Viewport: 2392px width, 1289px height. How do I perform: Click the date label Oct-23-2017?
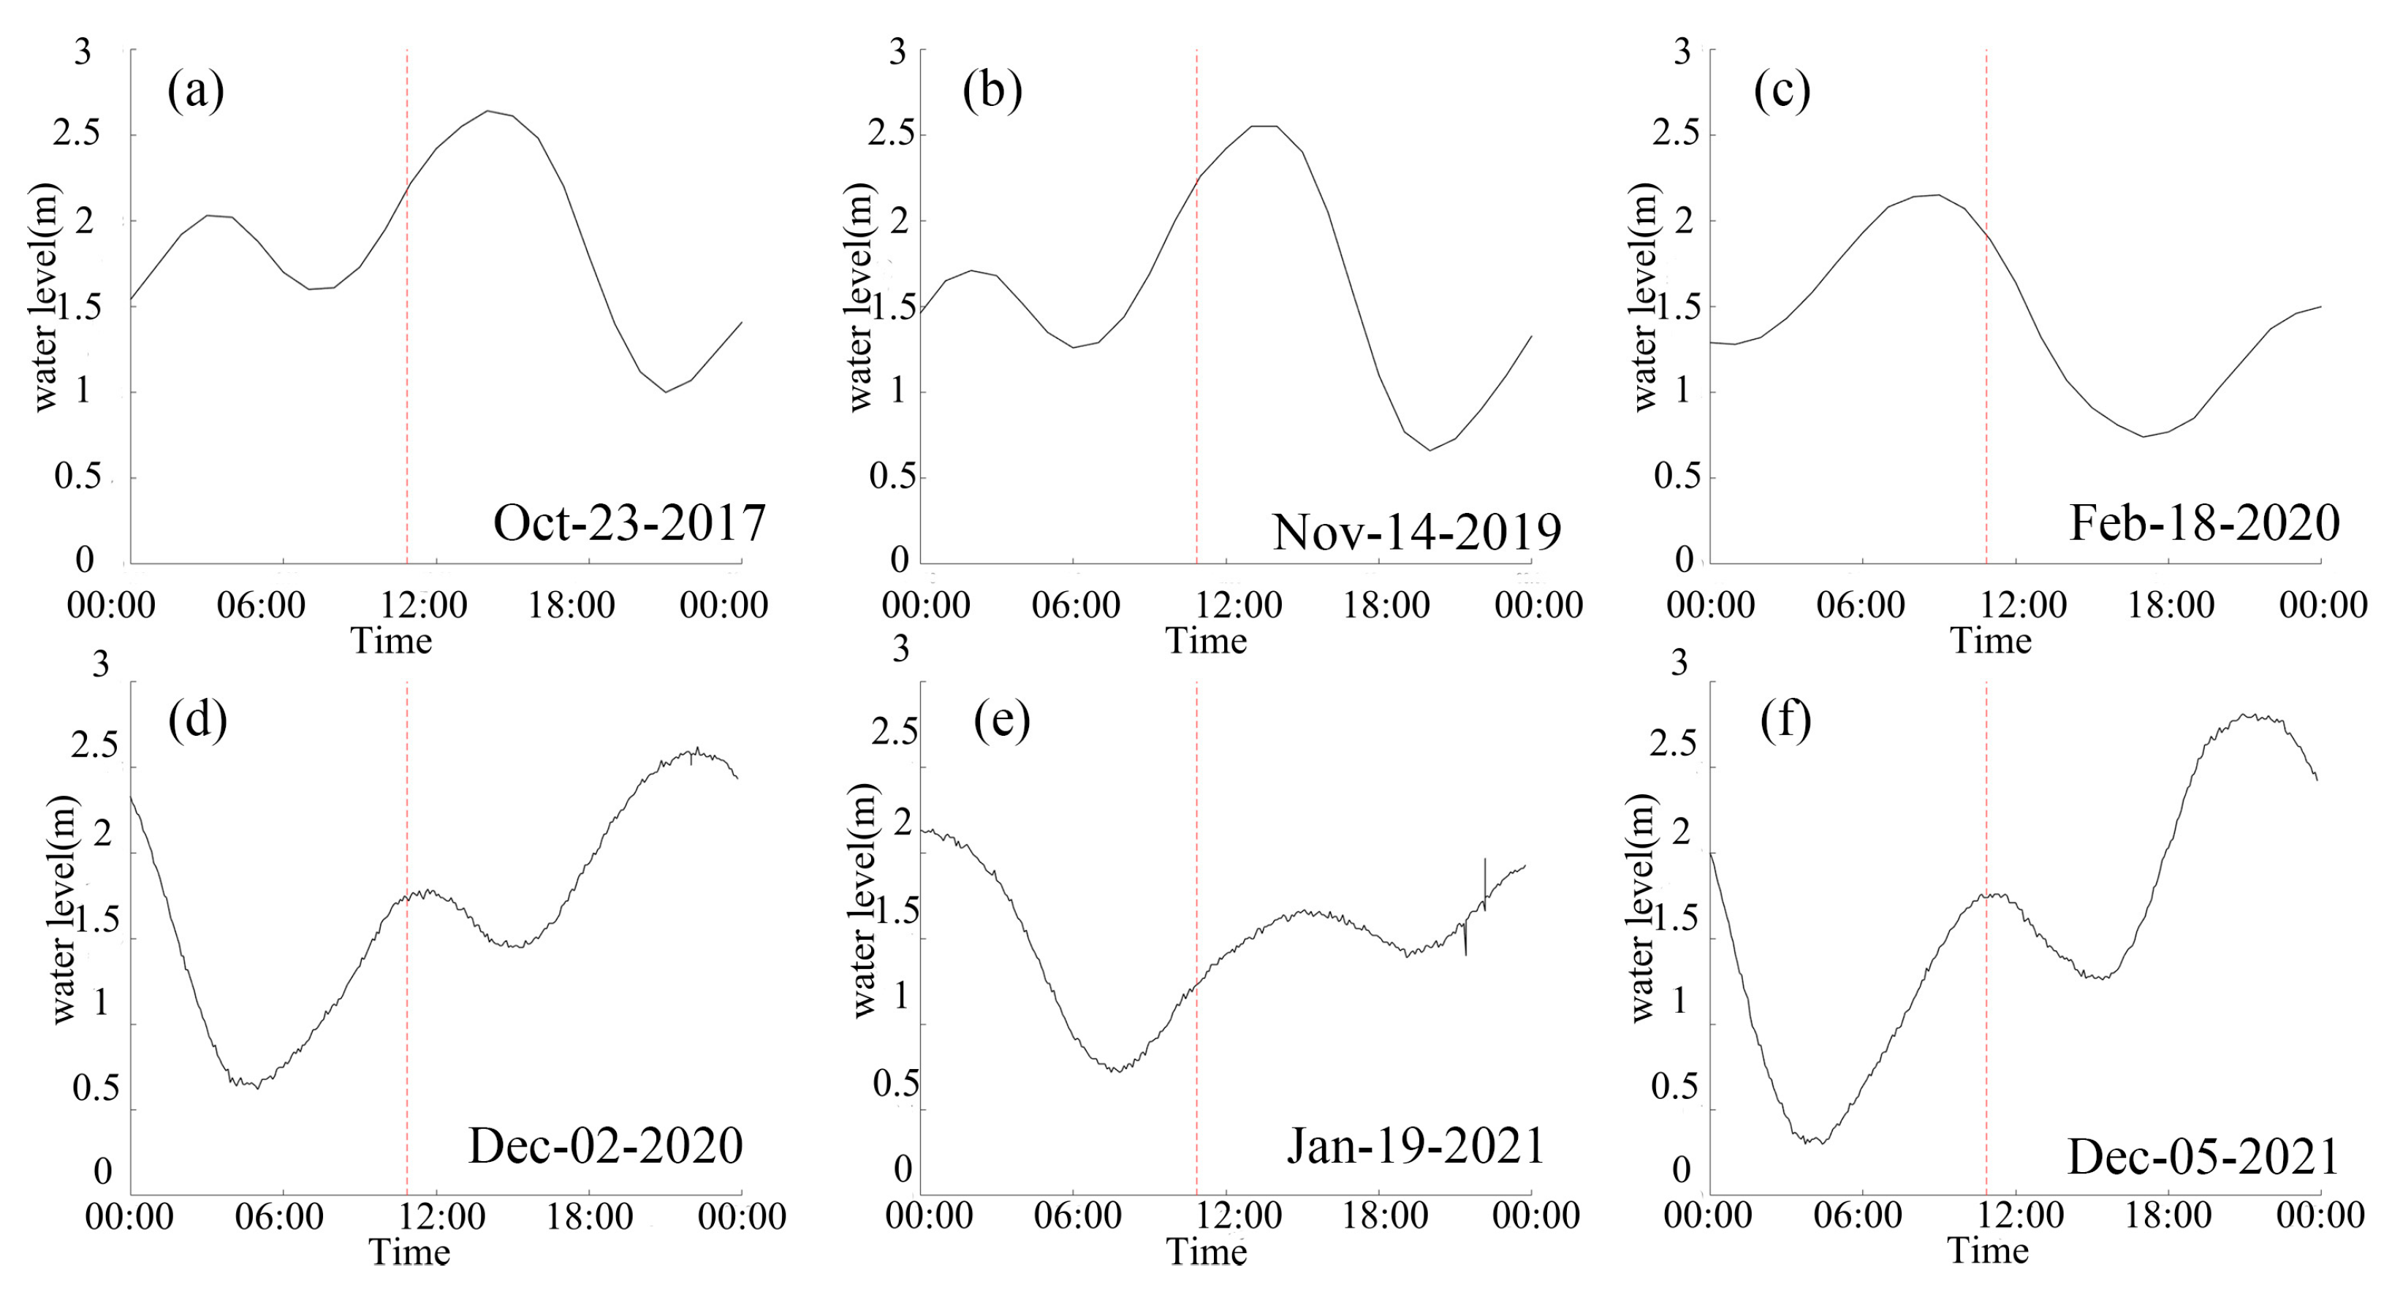coord(629,524)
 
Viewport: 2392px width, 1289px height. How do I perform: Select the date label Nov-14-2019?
coord(1416,533)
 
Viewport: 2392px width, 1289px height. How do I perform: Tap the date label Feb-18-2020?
coord(2204,524)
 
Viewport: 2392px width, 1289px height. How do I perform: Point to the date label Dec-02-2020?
coord(605,1146)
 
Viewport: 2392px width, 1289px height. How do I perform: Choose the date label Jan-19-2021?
coord(1415,1146)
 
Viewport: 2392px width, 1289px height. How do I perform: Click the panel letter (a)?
coord(195,92)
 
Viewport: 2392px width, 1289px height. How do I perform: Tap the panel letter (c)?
coord(1781,92)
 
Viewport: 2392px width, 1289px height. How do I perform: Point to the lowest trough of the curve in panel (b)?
coord(1430,450)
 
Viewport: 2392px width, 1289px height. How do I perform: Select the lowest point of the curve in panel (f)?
coord(1812,1142)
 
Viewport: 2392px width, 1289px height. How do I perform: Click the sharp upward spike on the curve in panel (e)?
coord(1485,861)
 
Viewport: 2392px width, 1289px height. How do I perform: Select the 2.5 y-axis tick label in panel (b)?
coord(890,134)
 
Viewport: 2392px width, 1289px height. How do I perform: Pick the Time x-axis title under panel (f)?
coord(1987,1250)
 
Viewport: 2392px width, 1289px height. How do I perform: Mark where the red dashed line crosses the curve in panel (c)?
coord(1986,236)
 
